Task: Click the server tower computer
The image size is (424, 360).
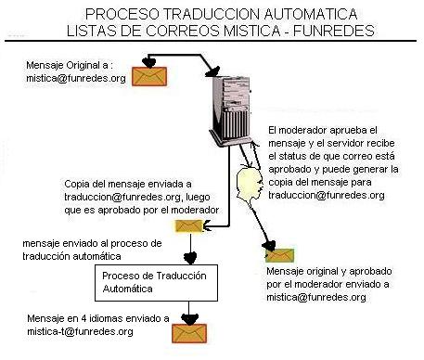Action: click(231, 109)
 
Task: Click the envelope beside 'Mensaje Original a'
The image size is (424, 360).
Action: click(149, 76)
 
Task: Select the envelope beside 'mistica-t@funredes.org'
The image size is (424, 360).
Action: click(189, 333)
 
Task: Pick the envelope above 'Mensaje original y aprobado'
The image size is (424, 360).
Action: click(280, 255)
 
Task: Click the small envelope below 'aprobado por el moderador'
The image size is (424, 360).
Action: click(188, 226)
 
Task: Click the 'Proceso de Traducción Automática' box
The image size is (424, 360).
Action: click(156, 283)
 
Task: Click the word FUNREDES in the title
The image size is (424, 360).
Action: click(334, 31)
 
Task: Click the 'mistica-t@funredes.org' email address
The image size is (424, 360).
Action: click(80, 331)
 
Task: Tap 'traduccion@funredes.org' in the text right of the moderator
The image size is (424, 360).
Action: click(327, 195)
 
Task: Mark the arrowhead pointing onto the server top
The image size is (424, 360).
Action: click(212, 71)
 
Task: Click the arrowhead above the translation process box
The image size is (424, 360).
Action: click(190, 258)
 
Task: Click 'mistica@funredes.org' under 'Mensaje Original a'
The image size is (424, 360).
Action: click(76, 78)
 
